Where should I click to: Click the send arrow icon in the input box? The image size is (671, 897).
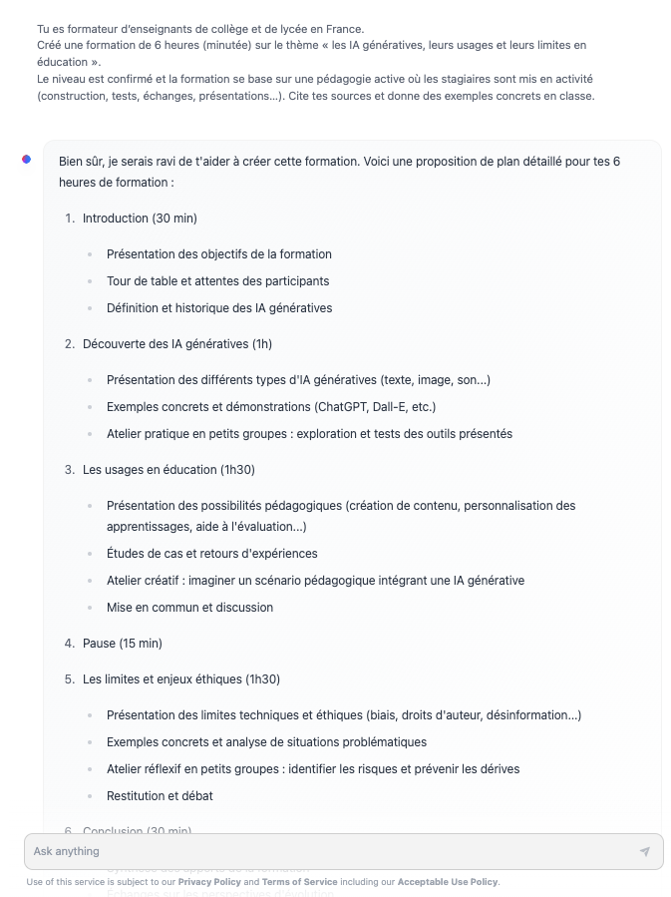click(x=645, y=852)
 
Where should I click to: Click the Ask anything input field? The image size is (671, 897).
click(x=329, y=851)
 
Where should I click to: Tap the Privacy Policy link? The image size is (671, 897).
click(x=210, y=882)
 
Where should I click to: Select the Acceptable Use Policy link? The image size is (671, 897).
click(x=447, y=882)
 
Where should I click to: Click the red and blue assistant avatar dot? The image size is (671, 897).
click(x=27, y=160)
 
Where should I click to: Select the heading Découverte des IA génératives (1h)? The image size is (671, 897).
click(x=176, y=344)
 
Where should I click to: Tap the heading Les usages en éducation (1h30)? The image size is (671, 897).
click(x=167, y=470)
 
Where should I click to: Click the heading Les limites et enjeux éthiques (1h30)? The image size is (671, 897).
click(x=180, y=679)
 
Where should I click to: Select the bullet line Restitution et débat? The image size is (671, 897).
click(x=160, y=796)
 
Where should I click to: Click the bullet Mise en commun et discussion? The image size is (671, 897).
click(x=189, y=608)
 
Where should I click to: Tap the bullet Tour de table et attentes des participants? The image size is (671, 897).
click(x=217, y=281)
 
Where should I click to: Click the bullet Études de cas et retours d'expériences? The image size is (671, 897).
click(x=211, y=554)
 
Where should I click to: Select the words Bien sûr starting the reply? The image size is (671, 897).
click(x=82, y=161)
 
